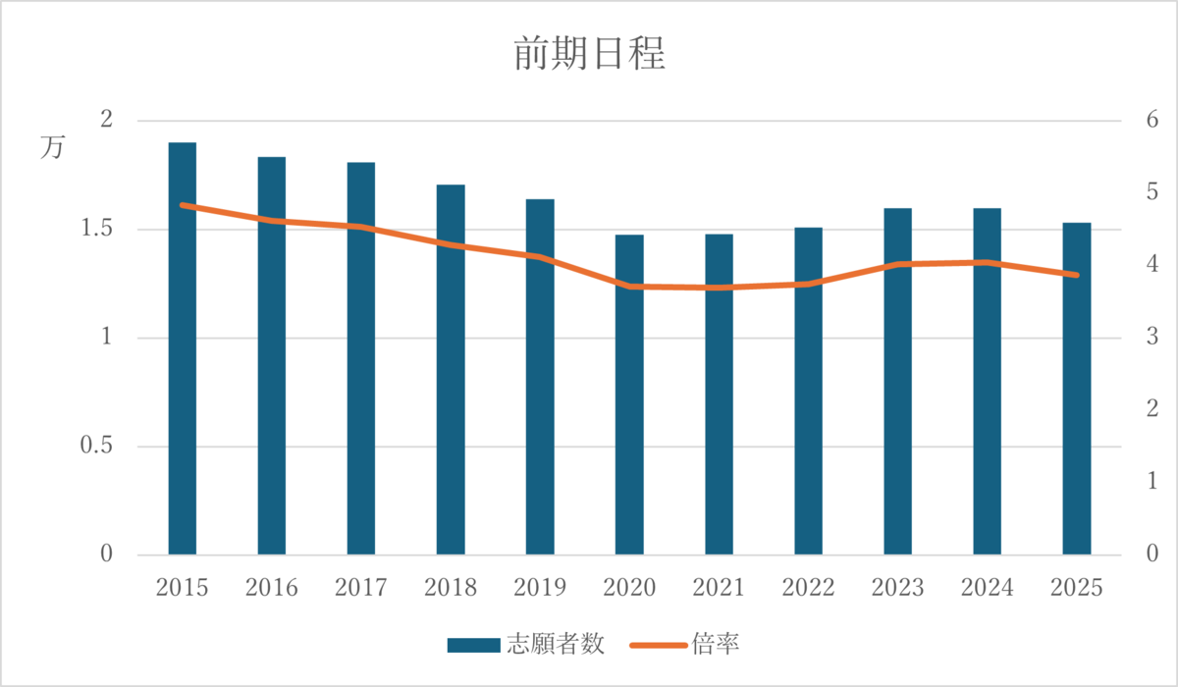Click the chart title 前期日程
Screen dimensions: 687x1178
coord(589,55)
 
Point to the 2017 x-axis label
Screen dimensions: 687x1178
coord(360,588)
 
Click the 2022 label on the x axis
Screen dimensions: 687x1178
coord(808,588)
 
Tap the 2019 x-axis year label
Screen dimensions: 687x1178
coord(540,588)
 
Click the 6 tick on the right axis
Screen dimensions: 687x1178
coord(1148,121)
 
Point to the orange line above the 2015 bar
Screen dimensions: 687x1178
coord(183,205)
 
